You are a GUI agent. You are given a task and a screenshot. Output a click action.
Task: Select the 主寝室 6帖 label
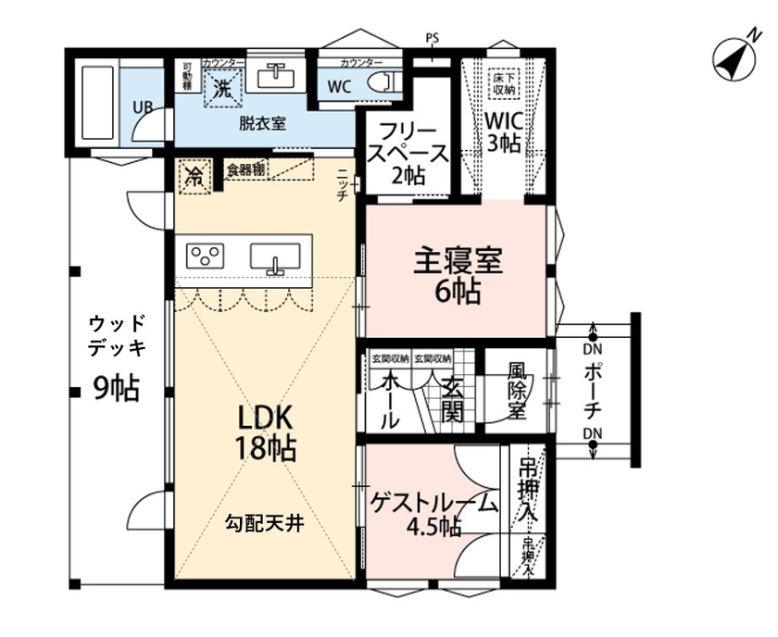pos(458,276)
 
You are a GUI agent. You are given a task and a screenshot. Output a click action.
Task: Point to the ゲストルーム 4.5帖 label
pos(433,515)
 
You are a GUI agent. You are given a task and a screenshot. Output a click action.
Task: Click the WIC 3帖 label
pos(505,131)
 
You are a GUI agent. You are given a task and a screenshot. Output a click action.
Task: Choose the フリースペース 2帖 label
pos(408,152)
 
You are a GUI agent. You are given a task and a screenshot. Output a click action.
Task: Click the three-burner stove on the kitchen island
pos(205,255)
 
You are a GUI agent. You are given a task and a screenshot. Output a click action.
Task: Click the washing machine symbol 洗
pos(222,90)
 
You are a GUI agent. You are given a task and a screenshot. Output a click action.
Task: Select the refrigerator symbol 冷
pos(194,175)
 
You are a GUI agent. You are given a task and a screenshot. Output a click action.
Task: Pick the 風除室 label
pos(517,393)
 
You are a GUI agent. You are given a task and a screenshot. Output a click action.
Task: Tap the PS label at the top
pos(432,38)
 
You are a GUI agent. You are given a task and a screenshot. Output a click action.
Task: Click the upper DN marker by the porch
pos(592,350)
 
